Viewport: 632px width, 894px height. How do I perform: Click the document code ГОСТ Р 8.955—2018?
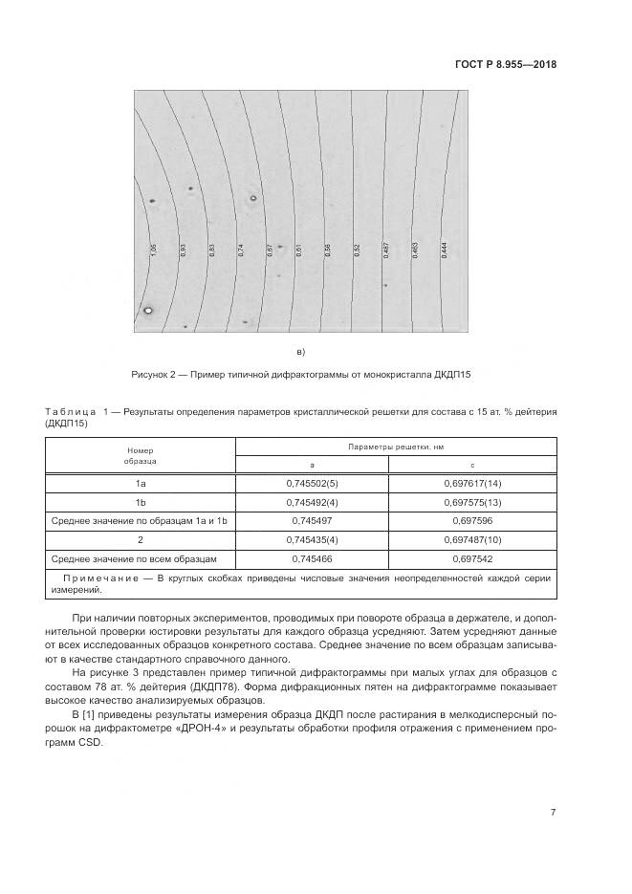507,65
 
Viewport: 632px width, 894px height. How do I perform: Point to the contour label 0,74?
241,250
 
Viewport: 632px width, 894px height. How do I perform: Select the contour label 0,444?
445,250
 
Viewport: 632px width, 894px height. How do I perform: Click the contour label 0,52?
357,250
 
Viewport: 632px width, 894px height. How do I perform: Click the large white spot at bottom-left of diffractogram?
148,310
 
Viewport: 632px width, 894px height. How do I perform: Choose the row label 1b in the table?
140,502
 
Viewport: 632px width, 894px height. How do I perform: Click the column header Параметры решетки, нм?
395,447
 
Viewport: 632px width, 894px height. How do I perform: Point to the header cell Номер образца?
140,454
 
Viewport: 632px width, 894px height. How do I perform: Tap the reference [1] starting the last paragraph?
89,714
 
